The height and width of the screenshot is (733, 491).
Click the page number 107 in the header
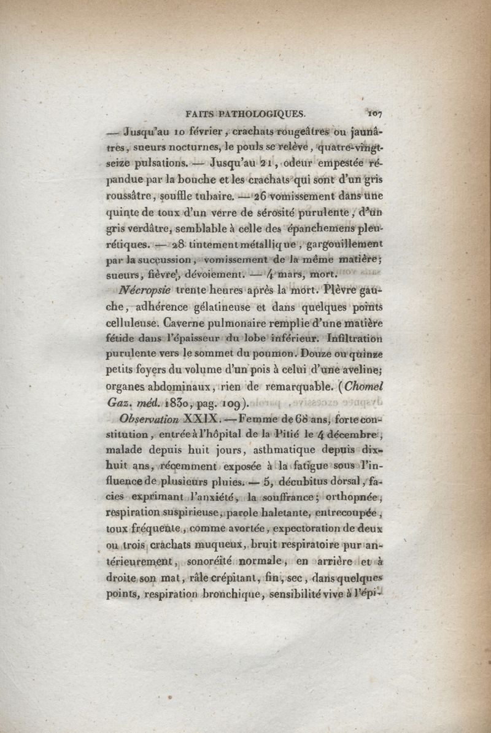pyautogui.click(x=374, y=113)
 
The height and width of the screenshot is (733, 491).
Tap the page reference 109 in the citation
pyautogui.click(x=220, y=403)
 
